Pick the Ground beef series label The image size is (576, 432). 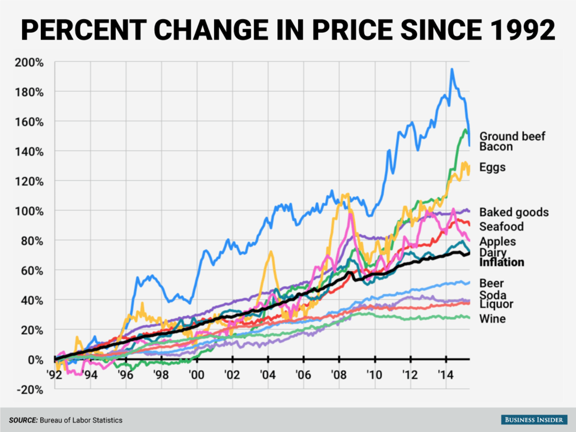coord(512,136)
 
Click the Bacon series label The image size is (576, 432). coord(496,146)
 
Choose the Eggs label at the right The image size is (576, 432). coord(492,167)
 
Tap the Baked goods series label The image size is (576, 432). coord(514,212)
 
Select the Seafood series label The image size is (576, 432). coord(502,226)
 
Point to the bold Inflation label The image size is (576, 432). coord(502,262)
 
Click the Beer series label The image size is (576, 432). coord(491,283)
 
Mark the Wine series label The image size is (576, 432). coord(492,319)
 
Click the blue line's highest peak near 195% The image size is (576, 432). coord(452,70)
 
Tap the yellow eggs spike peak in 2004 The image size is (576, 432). coord(271,252)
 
